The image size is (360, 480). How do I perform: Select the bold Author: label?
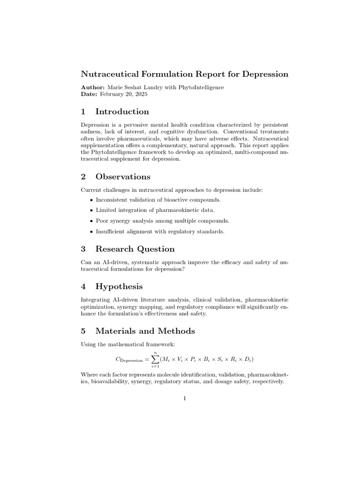click(x=93, y=87)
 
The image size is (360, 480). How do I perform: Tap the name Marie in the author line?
click(x=116, y=87)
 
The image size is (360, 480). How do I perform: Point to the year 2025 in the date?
click(x=140, y=94)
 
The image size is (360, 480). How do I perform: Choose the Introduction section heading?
click(x=122, y=112)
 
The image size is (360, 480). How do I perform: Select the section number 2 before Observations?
click(x=83, y=177)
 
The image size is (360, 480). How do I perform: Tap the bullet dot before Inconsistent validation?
click(x=91, y=200)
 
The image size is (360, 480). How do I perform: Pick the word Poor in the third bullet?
click(x=102, y=220)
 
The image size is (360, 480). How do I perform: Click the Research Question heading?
click(x=135, y=249)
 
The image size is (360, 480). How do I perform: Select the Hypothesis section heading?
click(x=119, y=286)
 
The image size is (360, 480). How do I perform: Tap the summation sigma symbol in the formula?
click(x=154, y=360)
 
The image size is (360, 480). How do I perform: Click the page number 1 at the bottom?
click(x=185, y=398)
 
